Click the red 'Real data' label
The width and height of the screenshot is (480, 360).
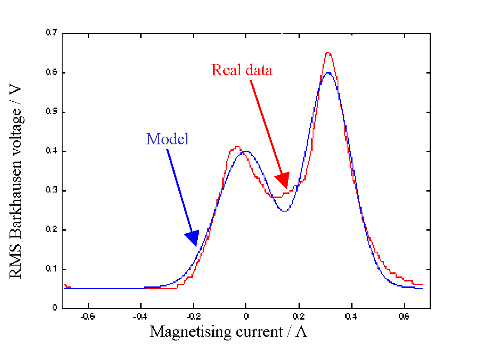click(x=242, y=70)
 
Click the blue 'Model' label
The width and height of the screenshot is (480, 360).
click(x=167, y=138)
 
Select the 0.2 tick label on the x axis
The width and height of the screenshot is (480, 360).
click(x=299, y=316)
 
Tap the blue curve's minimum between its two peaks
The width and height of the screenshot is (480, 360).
click(x=284, y=211)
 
